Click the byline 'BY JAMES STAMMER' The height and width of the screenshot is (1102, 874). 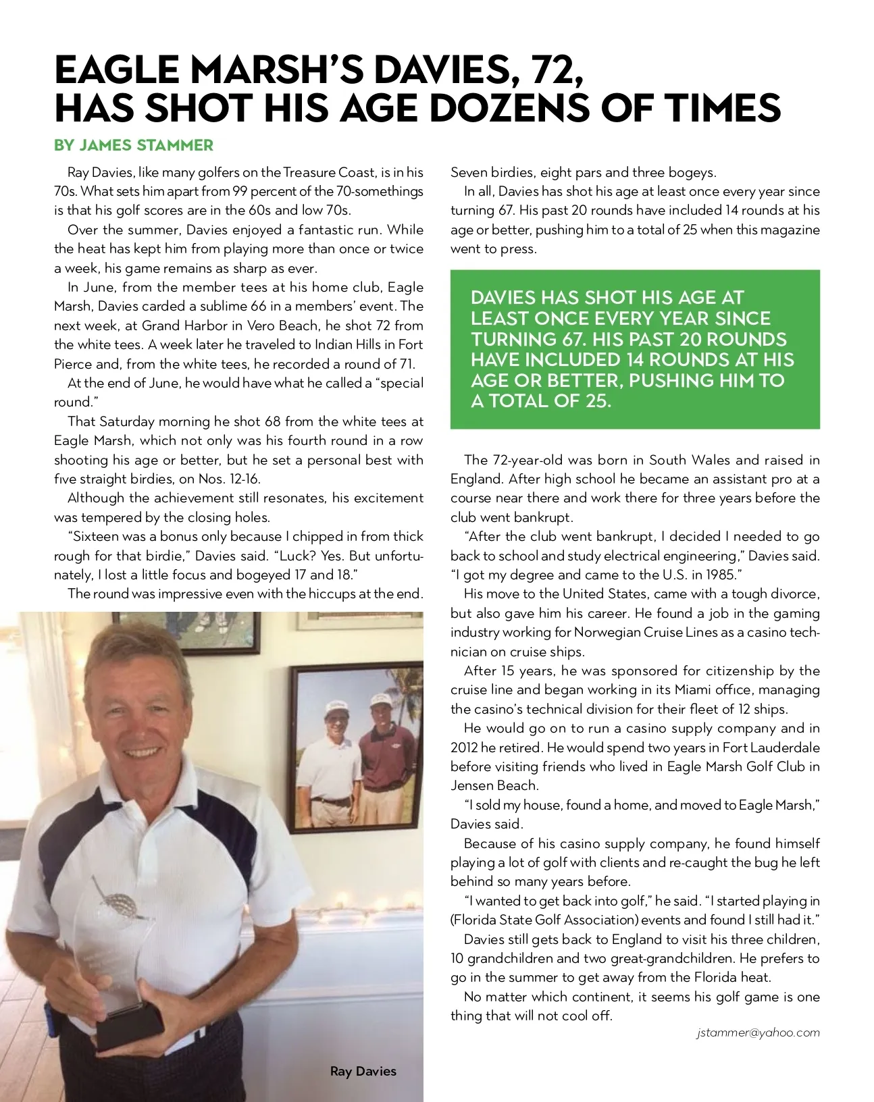click(134, 145)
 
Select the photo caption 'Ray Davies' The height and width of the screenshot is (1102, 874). click(363, 1071)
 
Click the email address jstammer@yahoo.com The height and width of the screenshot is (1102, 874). click(758, 1032)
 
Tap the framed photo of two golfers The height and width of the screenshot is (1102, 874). click(355, 745)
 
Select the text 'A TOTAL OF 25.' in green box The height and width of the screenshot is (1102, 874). click(541, 401)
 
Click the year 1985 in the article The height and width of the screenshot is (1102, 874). click(719, 575)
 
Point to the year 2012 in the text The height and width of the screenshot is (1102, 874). click(464, 747)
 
